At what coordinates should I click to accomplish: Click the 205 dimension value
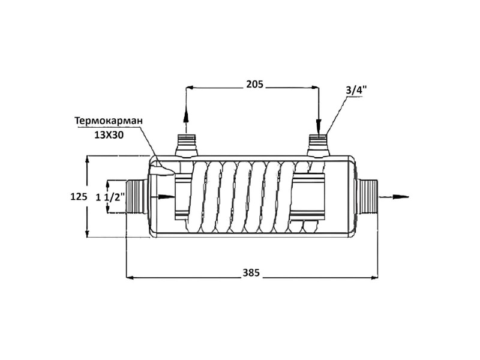pyautogui.click(x=254, y=84)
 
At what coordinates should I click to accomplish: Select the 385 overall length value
pyautogui.click(x=251, y=272)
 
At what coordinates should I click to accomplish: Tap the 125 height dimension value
pyautogui.click(x=79, y=196)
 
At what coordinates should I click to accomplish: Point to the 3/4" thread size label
pyautogui.click(x=356, y=91)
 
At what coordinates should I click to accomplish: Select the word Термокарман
pyautogui.click(x=109, y=121)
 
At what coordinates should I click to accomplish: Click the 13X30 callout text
pyautogui.click(x=109, y=135)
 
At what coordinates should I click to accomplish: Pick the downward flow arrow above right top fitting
pyautogui.click(x=319, y=122)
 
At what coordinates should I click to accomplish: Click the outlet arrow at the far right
pyautogui.click(x=394, y=197)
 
